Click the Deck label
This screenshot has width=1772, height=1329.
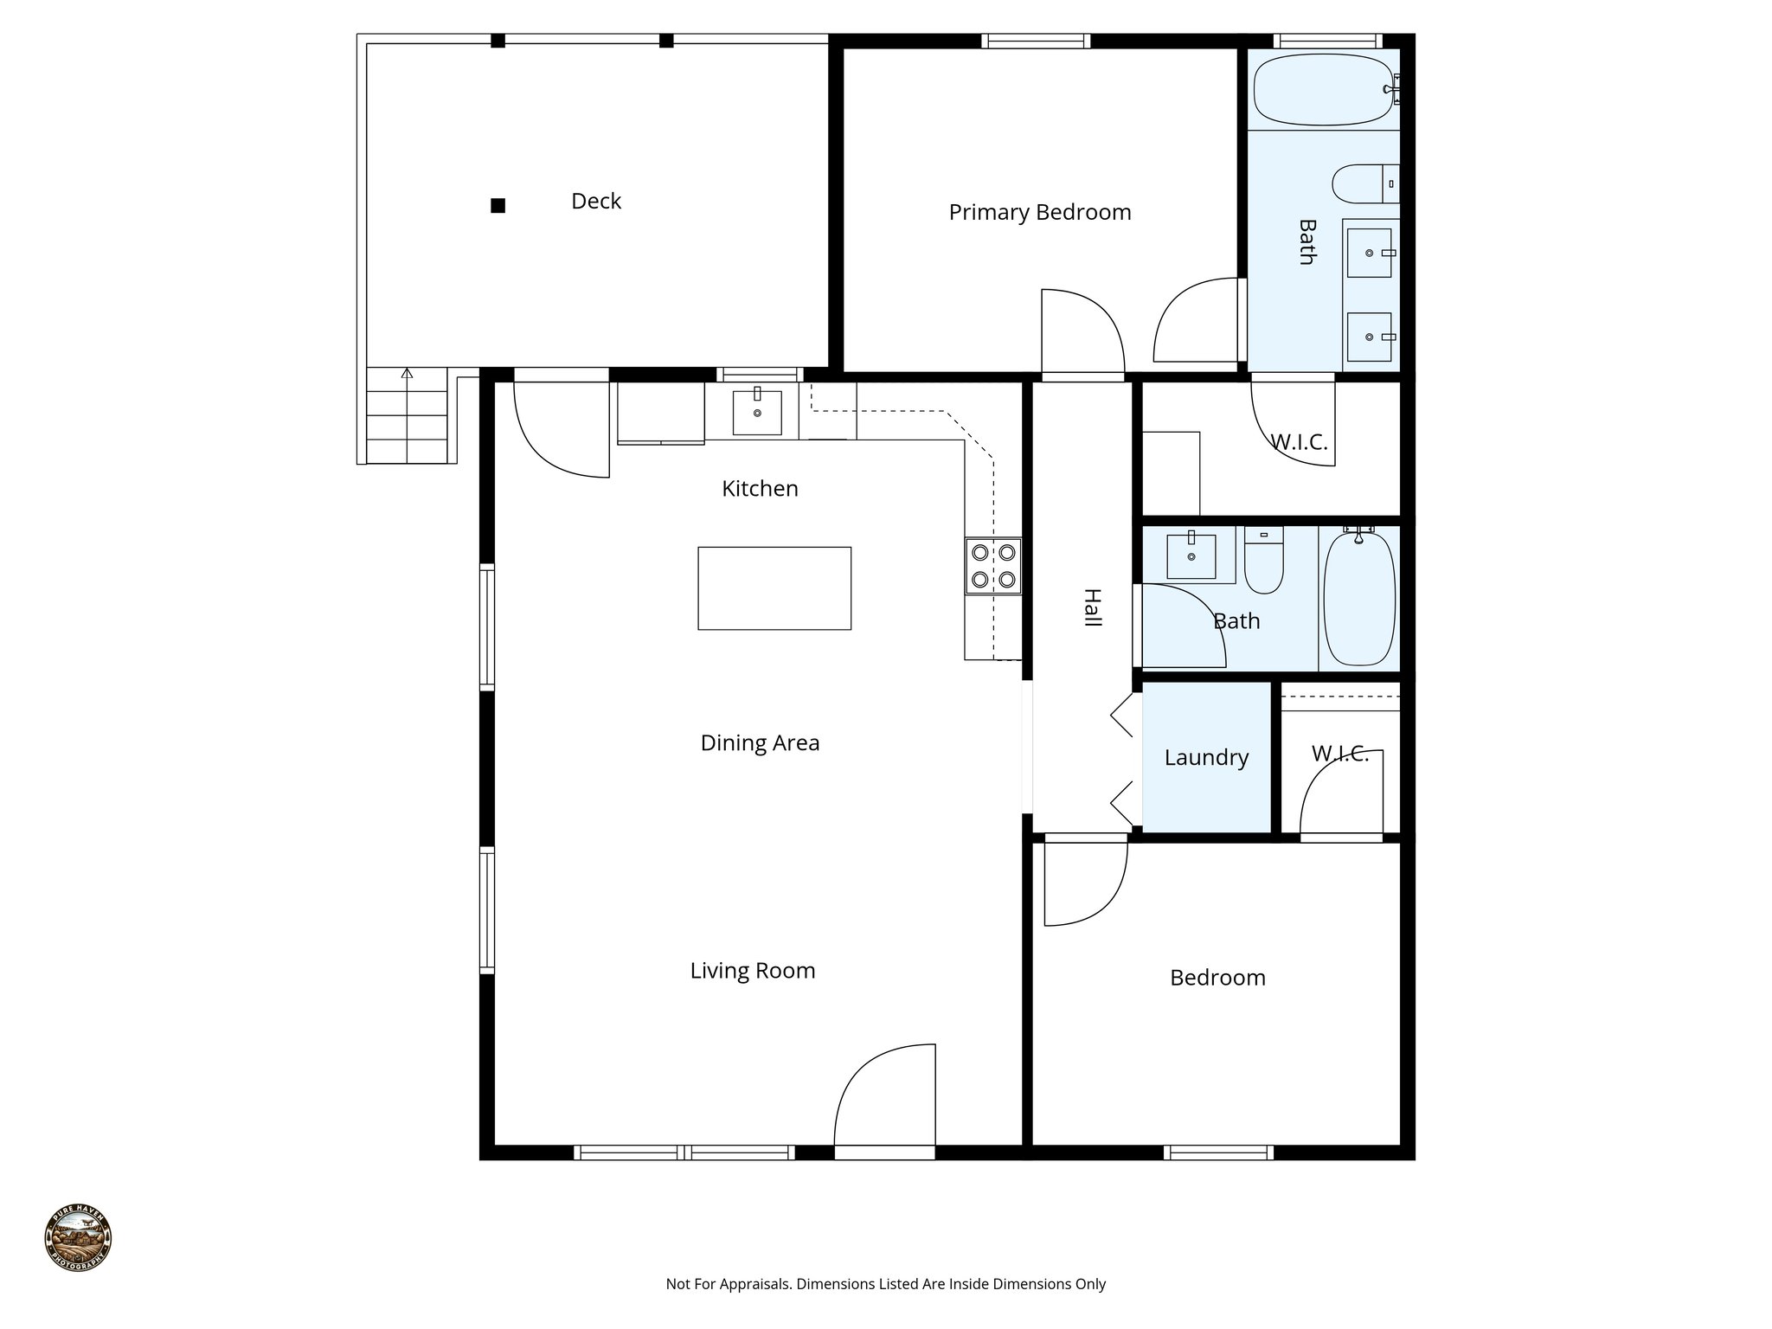pyautogui.click(x=596, y=202)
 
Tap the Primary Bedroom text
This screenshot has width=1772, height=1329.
pyautogui.click(x=1039, y=213)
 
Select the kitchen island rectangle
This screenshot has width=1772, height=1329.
pyautogui.click(x=774, y=588)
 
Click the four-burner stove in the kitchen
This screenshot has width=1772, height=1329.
pyautogui.click(x=993, y=566)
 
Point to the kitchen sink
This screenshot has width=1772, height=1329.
pyautogui.click(x=757, y=413)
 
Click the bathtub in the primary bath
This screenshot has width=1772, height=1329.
pyautogui.click(x=1324, y=90)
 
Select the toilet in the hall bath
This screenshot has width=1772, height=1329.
pyautogui.click(x=1263, y=562)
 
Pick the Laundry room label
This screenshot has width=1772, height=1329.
pyautogui.click(x=1206, y=758)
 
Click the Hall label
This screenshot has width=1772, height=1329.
pyautogui.click(x=1092, y=608)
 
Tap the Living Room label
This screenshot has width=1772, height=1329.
pyautogui.click(x=752, y=971)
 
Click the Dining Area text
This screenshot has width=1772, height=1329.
pyautogui.click(x=760, y=743)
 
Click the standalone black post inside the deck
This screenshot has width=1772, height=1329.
pyautogui.click(x=498, y=206)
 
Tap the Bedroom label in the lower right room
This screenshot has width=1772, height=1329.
pyautogui.click(x=1217, y=978)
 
